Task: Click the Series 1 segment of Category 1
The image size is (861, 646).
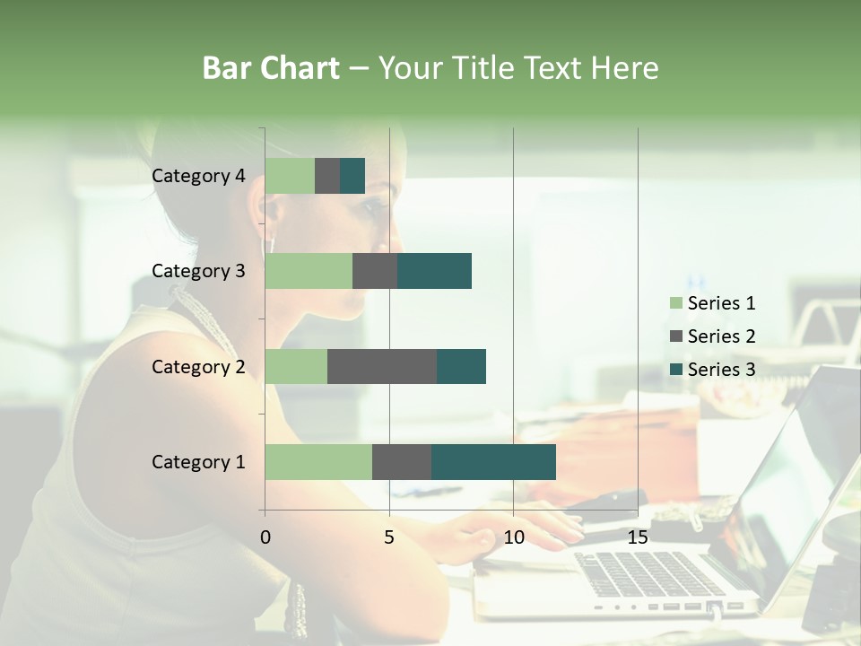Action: pyautogui.click(x=318, y=461)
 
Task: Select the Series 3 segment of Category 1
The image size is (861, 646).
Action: pyautogui.click(x=493, y=461)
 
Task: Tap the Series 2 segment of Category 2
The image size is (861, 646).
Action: pyautogui.click(x=382, y=366)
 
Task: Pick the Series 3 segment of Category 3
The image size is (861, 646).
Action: pyautogui.click(x=434, y=271)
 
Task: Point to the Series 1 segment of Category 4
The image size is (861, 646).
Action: pyautogui.click(x=290, y=176)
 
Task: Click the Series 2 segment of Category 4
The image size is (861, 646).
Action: pyautogui.click(x=327, y=176)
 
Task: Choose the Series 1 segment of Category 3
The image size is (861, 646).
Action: pyautogui.click(x=309, y=271)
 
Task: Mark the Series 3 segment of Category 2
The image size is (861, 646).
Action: pyautogui.click(x=461, y=366)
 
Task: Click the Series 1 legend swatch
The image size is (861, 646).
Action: pyautogui.click(x=675, y=303)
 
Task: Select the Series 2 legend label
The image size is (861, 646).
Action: pyautogui.click(x=721, y=336)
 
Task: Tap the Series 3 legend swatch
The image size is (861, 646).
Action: pyautogui.click(x=675, y=370)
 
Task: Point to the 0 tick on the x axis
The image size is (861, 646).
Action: pyautogui.click(x=265, y=537)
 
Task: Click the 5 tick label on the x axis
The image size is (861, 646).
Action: pyautogui.click(x=389, y=537)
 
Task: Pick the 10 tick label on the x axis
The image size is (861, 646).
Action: pyautogui.click(x=513, y=537)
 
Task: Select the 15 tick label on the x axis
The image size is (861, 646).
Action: pyautogui.click(x=638, y=537)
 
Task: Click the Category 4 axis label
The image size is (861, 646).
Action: pyautogui.click(x=198, y=176)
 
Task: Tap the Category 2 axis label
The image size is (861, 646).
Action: pyautogui.click(x=198, y=366)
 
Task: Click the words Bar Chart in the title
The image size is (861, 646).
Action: pyautogui.click(x=271, y=67)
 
